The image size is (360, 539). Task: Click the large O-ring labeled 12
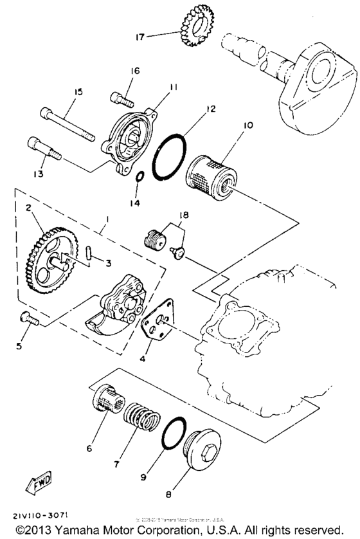174,159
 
